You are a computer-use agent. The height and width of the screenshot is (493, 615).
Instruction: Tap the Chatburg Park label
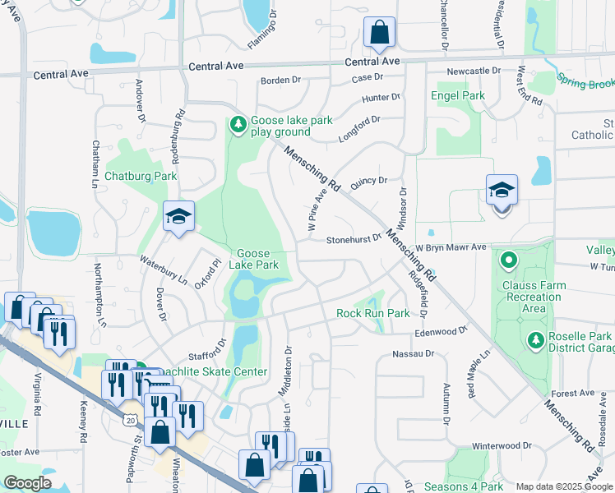point(141,176)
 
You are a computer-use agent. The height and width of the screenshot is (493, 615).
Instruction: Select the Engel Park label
point(458,95)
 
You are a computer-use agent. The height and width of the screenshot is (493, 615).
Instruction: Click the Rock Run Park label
point(372,313)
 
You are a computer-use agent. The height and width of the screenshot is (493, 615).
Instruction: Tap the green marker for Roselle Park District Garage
point(535,339)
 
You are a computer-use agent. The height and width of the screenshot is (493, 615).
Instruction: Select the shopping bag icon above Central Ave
point(379,33)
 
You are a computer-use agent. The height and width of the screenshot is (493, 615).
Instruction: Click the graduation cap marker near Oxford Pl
point(178,217)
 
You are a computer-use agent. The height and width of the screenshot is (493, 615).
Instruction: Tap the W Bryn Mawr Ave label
point(451,246)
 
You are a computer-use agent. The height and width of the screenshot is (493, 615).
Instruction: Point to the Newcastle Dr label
point(474,71)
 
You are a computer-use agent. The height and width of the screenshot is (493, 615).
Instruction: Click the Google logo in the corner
point(28,483)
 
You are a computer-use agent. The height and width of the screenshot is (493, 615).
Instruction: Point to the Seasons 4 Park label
point(464,486)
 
